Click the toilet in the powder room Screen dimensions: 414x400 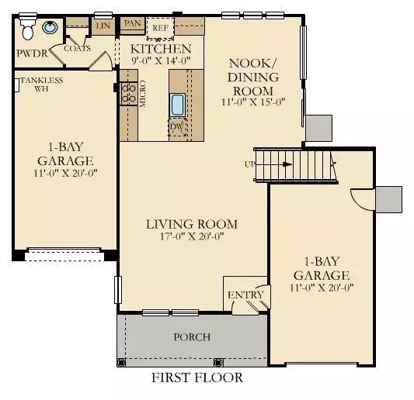27,28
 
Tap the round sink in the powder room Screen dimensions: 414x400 50,27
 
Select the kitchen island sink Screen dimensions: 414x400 177,105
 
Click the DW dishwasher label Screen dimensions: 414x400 176,126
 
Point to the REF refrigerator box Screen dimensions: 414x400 160,28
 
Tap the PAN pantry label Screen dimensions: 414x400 132,23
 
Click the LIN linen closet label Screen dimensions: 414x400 103,26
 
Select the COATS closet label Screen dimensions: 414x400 78,49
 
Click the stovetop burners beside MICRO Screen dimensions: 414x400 129,94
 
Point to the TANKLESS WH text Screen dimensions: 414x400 42,84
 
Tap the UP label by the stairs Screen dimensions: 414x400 250,164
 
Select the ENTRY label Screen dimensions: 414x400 245,295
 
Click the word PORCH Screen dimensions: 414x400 192,337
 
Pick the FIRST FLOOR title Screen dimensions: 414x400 197,378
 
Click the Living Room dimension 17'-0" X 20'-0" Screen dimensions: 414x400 192,236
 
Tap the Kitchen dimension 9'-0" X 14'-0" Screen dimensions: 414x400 161,60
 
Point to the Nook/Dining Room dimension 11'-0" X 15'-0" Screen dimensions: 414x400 253,102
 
